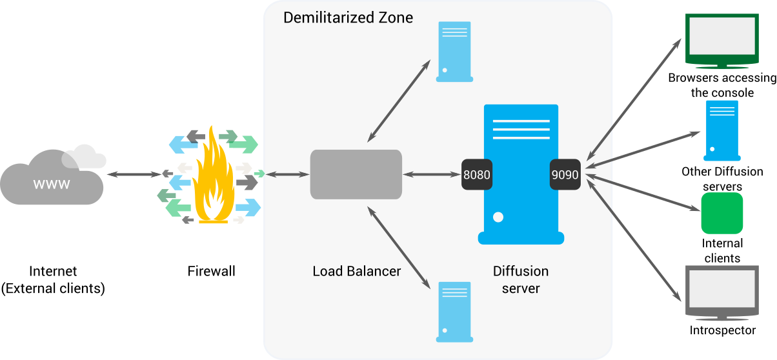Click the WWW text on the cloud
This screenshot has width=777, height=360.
click(52, 185)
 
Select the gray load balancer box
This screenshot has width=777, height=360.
click(356, 174)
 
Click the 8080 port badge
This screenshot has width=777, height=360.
click(477, 174)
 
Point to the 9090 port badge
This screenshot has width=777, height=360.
click(565, 174)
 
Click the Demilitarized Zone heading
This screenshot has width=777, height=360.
click(348, 17)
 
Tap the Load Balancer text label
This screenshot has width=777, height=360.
click(356, 271)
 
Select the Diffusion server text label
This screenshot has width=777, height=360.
click(521, 279)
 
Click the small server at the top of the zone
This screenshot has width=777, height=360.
click(454, 52)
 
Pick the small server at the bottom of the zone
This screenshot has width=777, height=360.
click(454, 312)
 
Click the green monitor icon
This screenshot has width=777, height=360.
click(721, 40)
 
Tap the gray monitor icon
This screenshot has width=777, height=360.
click(721, 292)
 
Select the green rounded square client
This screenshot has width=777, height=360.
click(722, 213)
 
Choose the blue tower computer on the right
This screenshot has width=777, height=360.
click(721, 130)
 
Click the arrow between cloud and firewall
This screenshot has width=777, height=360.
click(134, 174)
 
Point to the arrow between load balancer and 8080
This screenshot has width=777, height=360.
click(432, 174)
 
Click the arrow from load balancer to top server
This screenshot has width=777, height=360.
click(399, 101)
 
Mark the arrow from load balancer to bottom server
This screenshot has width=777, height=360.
click(399, 247)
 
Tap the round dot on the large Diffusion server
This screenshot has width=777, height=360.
click(498, 217)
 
